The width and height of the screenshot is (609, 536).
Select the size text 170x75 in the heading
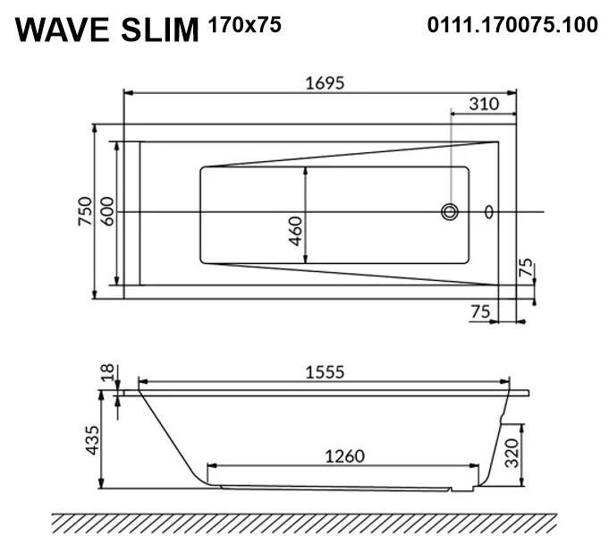click(x=244, y=25)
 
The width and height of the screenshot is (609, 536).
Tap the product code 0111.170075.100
click(x=512, y=25)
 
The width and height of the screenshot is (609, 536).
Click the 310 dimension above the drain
click(x=484, y=104)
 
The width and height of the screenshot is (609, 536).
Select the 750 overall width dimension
click(x=84, y=212)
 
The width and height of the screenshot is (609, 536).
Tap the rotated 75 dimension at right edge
click(x=526, y=268)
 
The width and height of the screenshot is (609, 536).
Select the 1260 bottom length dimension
click(x=343, y=455)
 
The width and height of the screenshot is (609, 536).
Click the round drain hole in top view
click(x=449, y=212)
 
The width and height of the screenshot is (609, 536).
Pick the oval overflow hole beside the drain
click(x=488, y=212)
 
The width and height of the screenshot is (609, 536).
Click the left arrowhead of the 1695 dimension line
click(x=127, y=92)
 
